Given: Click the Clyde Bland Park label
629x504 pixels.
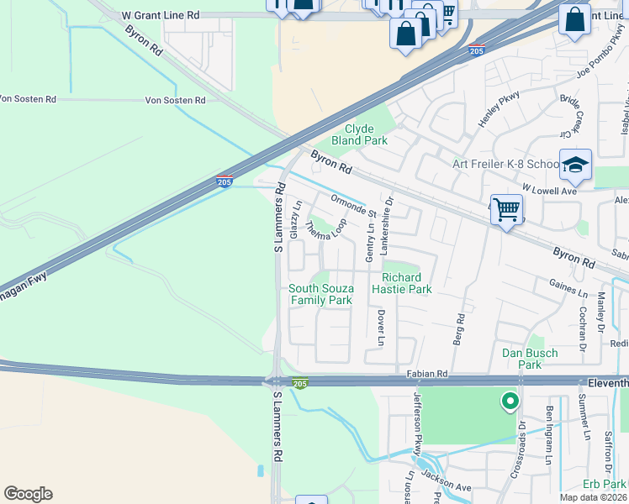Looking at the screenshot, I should pyautogui.click(x=359, y=134).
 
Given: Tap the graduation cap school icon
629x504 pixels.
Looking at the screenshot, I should pyautogui.click(x=575, y=166).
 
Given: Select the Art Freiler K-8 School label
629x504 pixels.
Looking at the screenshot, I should pyautogui.click(x=505, y=164).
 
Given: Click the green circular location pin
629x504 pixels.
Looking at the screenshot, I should pyautogui.click(x=509, y=402).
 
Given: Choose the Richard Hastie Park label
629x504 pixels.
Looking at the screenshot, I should pyautogui.click(x=406, y=283).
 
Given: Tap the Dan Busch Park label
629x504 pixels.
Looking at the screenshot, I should pyautogui.click(x=530, y=359).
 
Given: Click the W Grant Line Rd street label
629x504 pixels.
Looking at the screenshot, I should pyautogui.click(x=161, y=15).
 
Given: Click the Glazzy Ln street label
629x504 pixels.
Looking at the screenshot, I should pyautogui.click(x=294, y=220).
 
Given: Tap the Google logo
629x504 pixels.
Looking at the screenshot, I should pyautogui.click(x=28, y=494).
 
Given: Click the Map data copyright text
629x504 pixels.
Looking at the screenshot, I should pyautogui.click(x=592, y=497).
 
